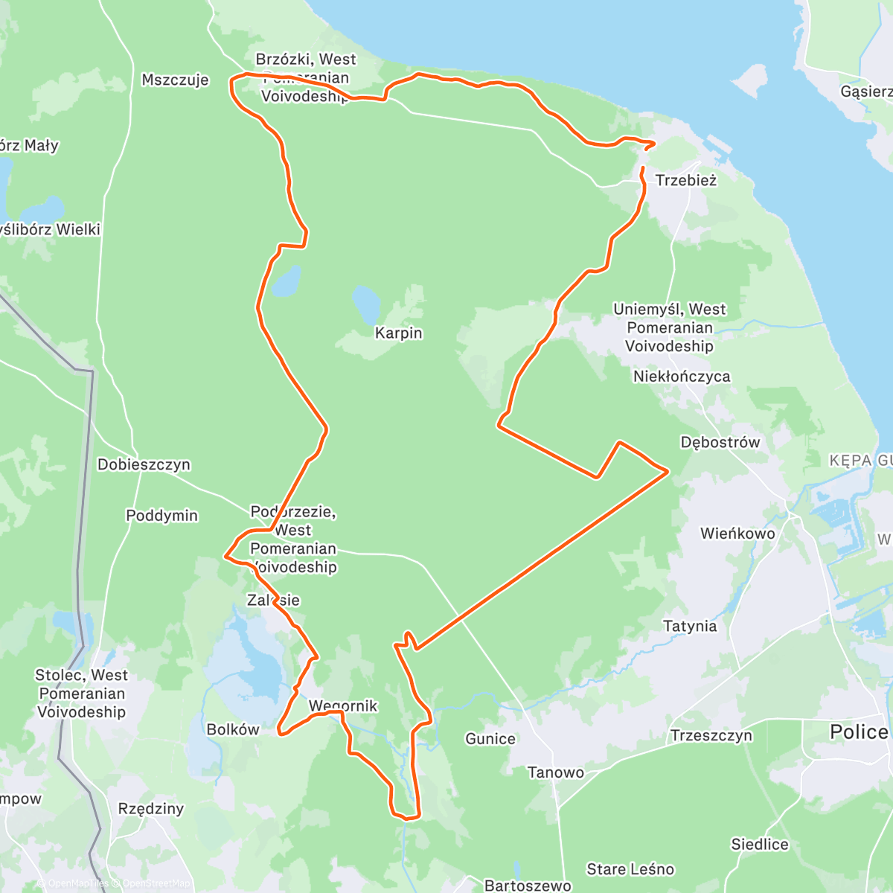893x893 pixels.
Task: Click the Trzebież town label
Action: click(685, 180)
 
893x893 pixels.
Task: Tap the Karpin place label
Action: click(398, 333)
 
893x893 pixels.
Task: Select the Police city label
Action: click(859, 732)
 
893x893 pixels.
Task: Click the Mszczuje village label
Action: click(175, 80)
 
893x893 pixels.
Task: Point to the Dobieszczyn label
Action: click(144, 465)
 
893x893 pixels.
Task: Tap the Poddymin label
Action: click(161, 516)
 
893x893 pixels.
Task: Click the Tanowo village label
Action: click(555, 772)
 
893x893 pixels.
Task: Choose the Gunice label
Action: click(490, 739)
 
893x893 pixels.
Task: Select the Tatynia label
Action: click(690, 627)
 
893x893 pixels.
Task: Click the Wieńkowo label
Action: click(737, 534)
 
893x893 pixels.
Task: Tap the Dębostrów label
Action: click(720, 443)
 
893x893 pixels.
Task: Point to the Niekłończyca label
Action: click(682, 377)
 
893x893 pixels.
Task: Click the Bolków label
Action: click(233, 730)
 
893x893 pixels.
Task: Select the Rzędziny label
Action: click(151, 809)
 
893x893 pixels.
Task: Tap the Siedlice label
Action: click(759, 845)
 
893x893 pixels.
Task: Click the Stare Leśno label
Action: click(630, 869)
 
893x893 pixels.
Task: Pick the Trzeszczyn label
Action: click(711, 736)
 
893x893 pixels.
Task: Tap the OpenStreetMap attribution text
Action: click(156, 884)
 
